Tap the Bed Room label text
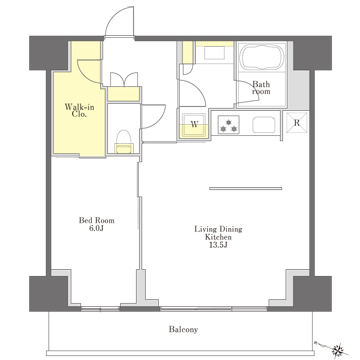[x=96, y=220]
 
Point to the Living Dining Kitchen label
[x=218, y=233]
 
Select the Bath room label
[x=261, y=88]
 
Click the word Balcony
[x=183, y=330]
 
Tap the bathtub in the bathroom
[x=262, y=56]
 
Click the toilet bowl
[x=124, y=141]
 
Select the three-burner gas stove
[x=229, y=125]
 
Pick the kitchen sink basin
[x=264, y=125]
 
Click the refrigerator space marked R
[x=296, y=123]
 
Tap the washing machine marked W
[x=195, y=125]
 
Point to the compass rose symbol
[x=339, y=349]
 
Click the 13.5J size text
[x=218, y=246]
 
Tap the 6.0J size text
[x=96, y=229]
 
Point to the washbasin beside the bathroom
[x=215, y=53]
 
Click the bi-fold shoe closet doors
[x=124, y=79]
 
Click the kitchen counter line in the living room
[x=245, y=188]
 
